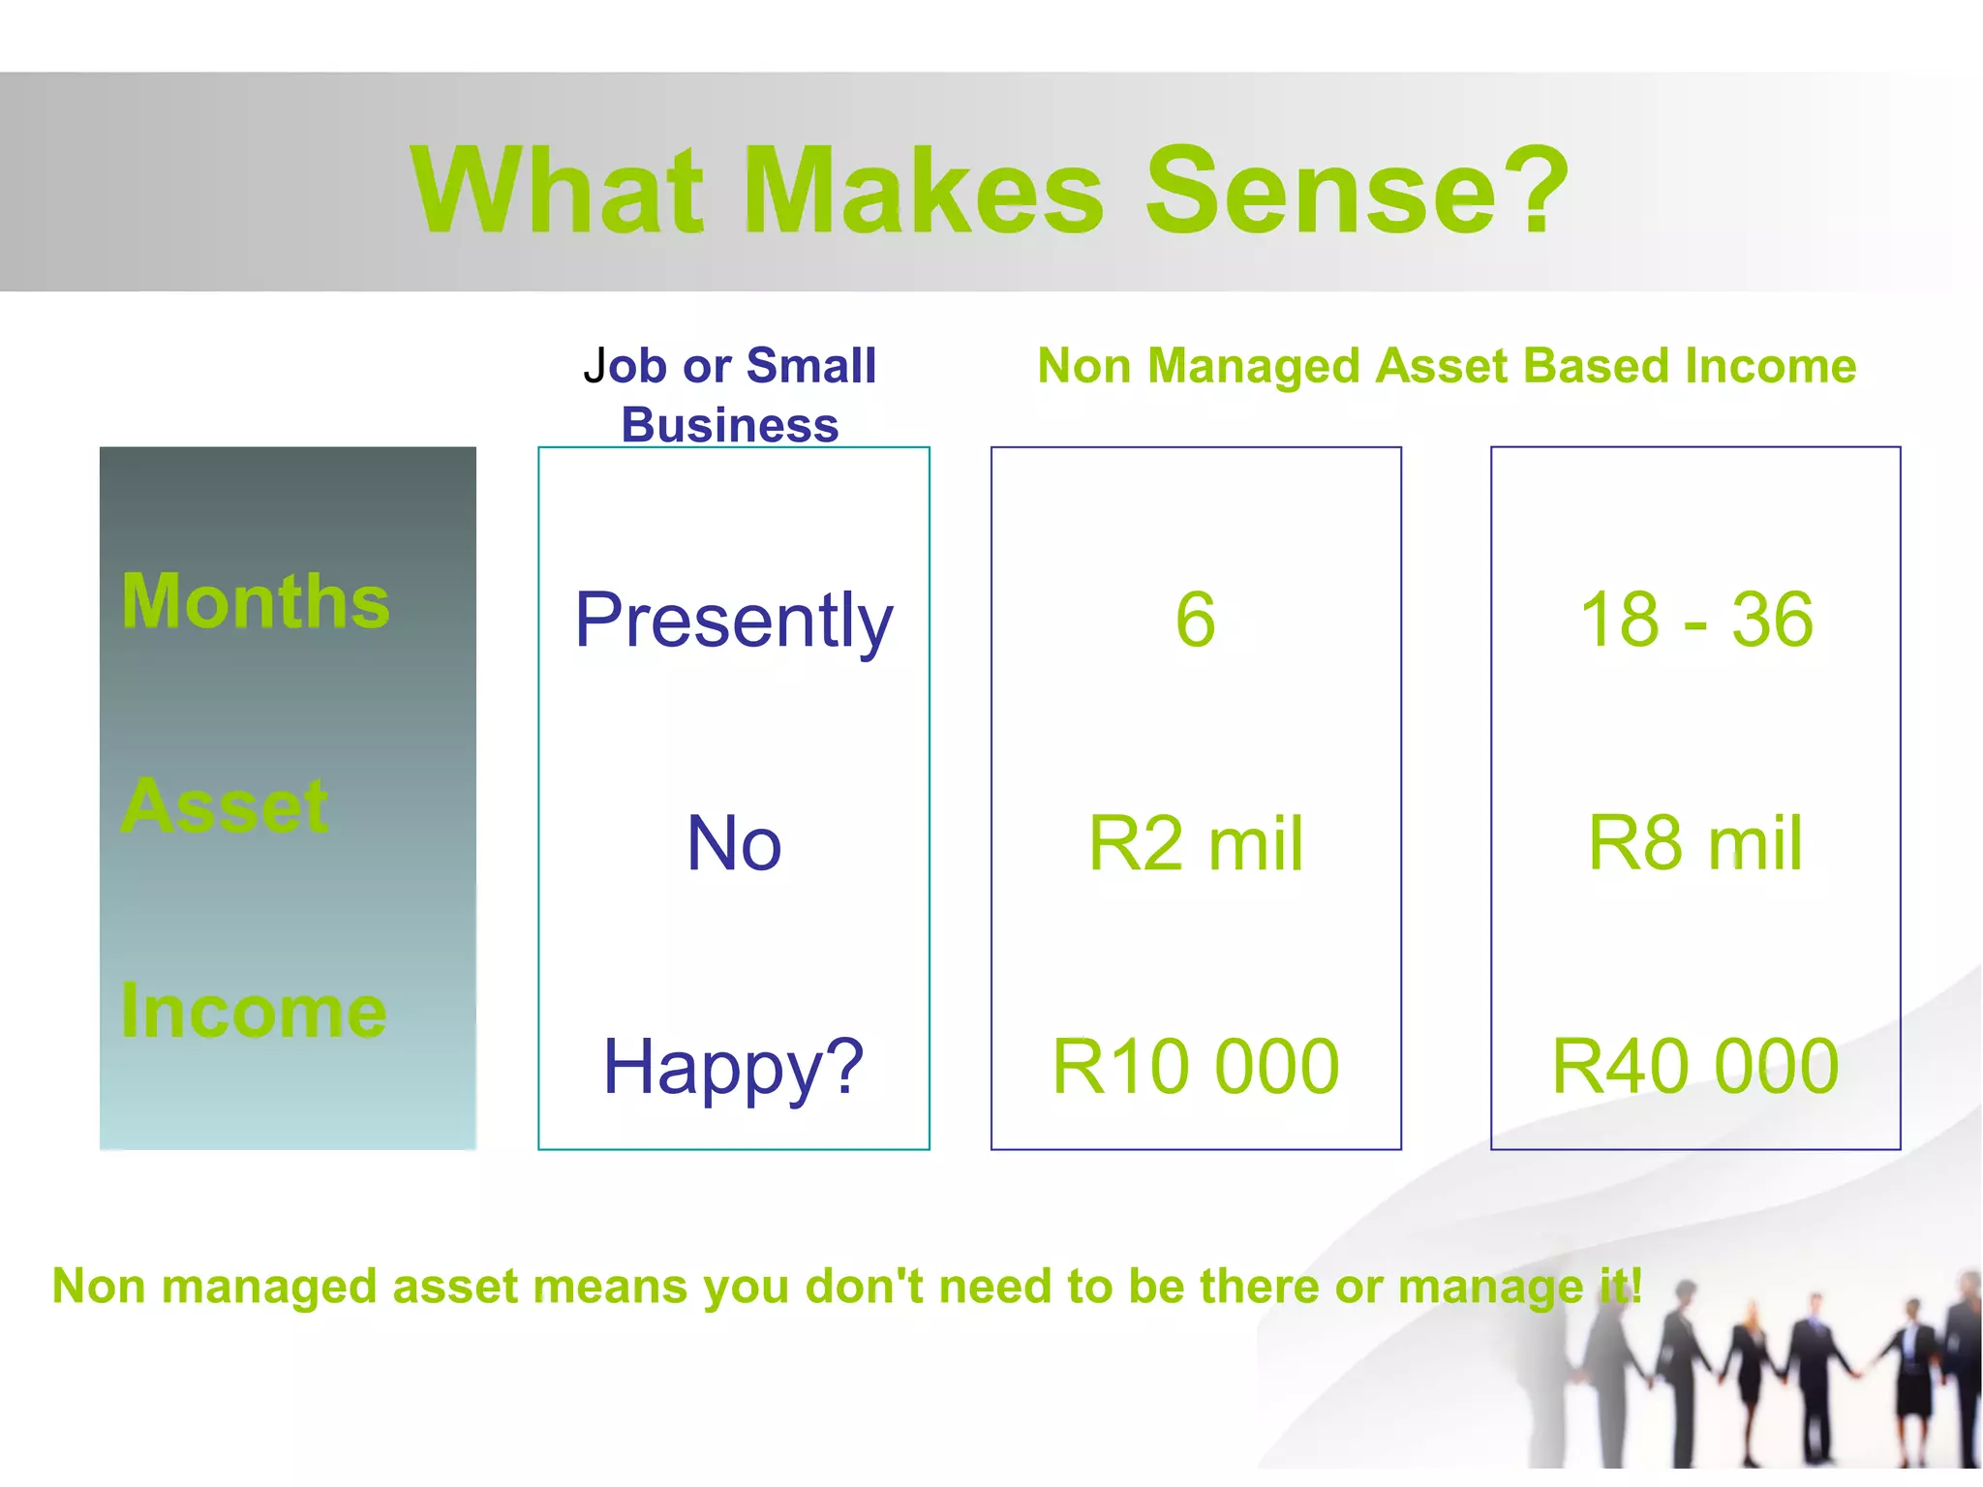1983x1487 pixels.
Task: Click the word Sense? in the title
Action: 1356,191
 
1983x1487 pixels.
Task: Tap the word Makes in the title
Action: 925,191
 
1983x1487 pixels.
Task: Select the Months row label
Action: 256,601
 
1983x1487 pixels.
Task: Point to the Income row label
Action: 254,1011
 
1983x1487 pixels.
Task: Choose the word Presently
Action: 733,621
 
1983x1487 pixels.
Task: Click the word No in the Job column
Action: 733,843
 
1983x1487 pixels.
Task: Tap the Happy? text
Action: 733,1067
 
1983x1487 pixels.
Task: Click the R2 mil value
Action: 1195,843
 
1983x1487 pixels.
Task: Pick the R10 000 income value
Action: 1195,1067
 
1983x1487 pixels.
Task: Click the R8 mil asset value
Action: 1695,843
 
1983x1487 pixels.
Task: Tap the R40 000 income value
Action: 1695,1067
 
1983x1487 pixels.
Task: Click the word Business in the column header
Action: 730,425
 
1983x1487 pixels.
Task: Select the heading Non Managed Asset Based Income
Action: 1447,366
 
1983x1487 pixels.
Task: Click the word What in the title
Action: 557,191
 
